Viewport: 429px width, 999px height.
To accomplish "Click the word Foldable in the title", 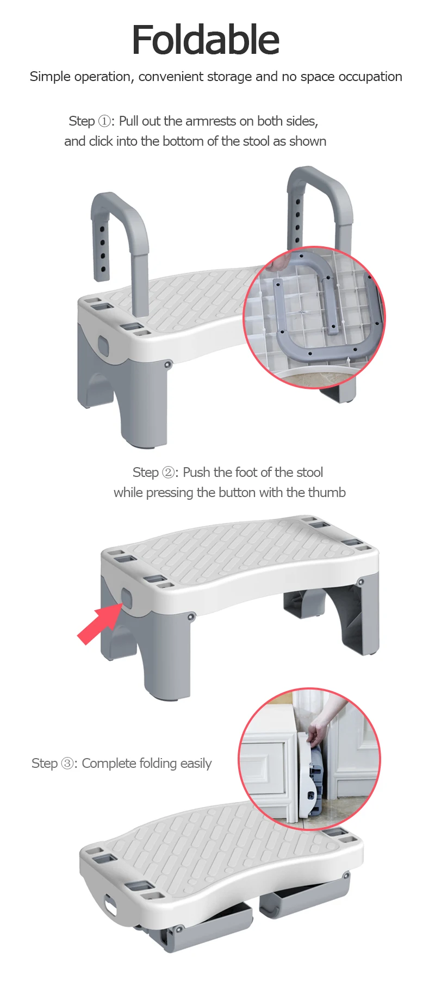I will point(206,40).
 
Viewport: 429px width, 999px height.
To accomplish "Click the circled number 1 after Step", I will point(104,121).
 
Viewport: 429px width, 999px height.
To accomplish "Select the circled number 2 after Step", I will point(169,473).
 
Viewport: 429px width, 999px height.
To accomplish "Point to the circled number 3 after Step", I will point(68,764).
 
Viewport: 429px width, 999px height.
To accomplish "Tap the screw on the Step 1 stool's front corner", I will point(167,364).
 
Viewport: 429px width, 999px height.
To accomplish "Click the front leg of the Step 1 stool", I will point(147,402).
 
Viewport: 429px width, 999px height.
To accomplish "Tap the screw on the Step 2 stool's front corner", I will point(191,617).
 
